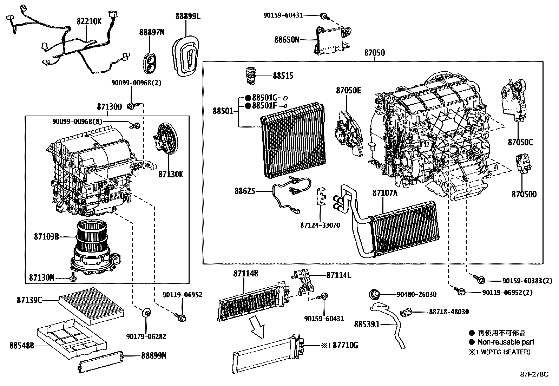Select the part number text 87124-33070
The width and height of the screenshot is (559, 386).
pos(320,225)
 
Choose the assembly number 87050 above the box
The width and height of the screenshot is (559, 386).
pos(374,53)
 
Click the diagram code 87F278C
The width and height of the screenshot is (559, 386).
pos(534,374)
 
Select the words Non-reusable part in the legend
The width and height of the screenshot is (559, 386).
pos(506,342)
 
